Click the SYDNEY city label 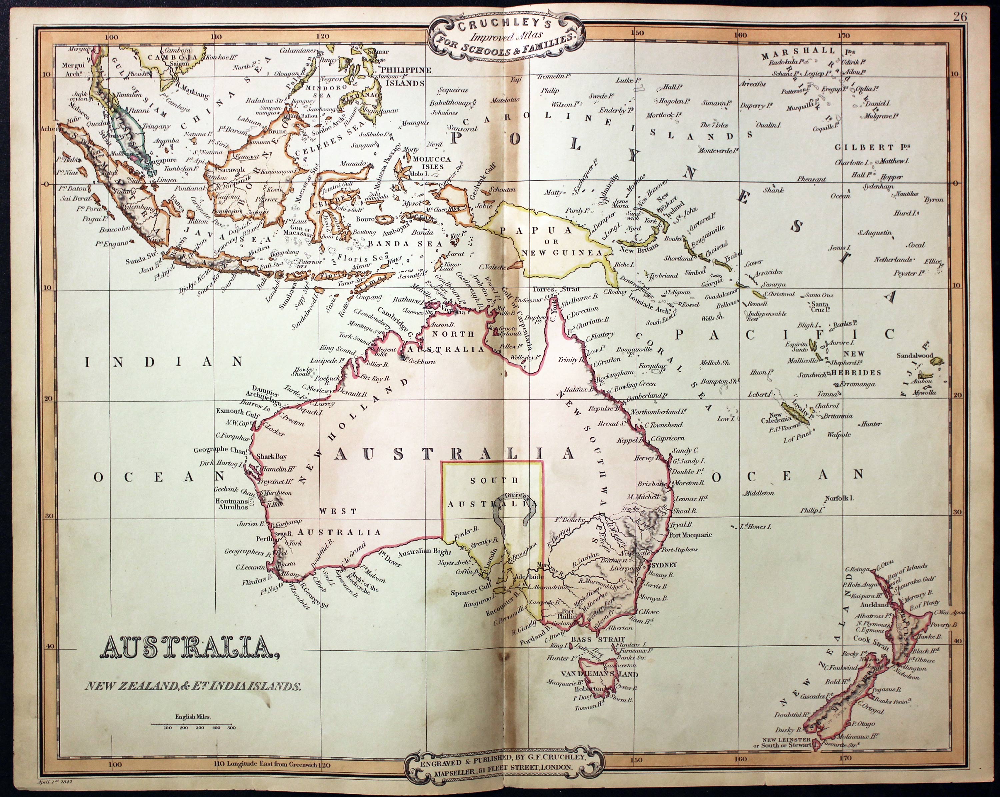pyautogui.click(x=664, y=565)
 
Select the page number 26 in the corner pyautogui.click(x=960, y=17)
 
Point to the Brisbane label pyautogui.click(x=652, y=484)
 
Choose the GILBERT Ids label pyautogui.click(x=872, y=147)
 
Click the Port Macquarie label pyautogui.click(x=690, y=535)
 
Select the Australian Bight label pyautogui.click(x=424, y=552)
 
